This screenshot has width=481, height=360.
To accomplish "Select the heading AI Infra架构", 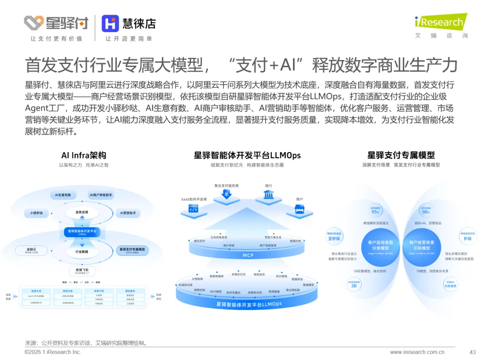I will [x=84, y=155].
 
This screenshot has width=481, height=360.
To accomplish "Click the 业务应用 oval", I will [x=82, y=212].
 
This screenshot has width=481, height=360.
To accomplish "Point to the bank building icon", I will [x=269, y=194].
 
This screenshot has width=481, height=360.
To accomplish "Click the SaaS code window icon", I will [x=193, y=209].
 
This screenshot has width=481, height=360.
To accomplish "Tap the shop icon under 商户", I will [x=300, y=209].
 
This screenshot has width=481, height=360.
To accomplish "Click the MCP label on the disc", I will [x=248, y=255].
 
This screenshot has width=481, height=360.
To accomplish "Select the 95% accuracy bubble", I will [x=375, y=210].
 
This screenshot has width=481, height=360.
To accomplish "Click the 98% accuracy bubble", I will [x=426, y=210].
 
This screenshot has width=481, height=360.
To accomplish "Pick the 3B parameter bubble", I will [x=354, y=284].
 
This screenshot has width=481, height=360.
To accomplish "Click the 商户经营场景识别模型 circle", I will [x=422, y=245].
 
